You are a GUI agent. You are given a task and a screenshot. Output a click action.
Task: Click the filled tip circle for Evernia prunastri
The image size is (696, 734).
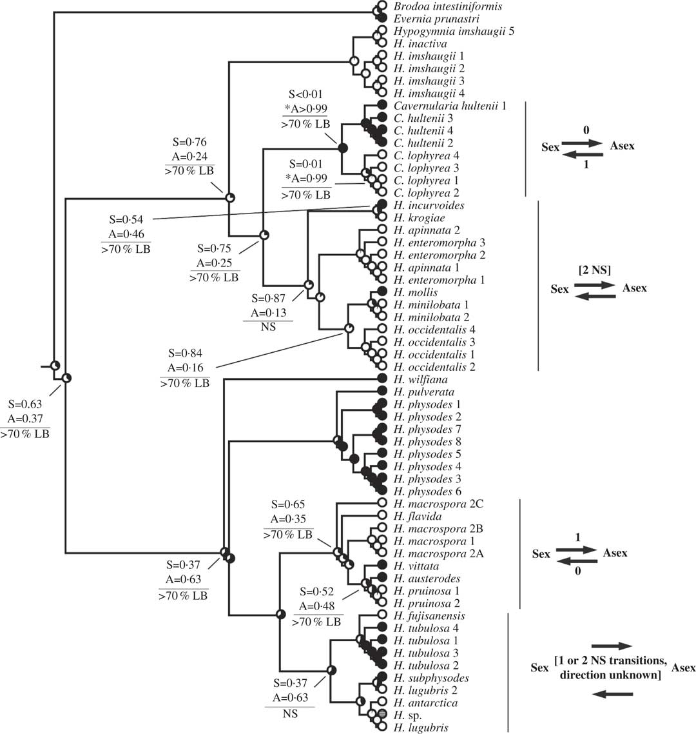coord(382,19)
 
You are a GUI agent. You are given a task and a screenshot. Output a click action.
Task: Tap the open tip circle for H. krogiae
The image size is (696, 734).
coord(382,218)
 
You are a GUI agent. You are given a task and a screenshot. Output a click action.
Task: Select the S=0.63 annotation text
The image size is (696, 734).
coord(29,405)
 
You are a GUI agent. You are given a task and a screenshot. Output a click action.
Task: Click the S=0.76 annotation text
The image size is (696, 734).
coord(189,143)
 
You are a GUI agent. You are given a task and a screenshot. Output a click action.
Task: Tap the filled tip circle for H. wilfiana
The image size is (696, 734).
coord(382,380)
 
